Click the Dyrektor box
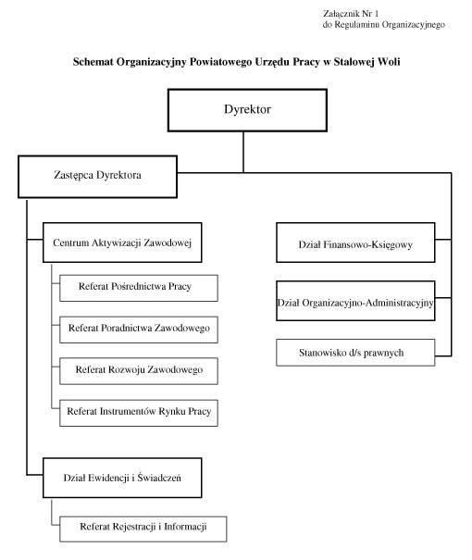[x=247, y=110]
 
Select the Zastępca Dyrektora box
[x=97, y=177]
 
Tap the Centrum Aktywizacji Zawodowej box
[x=122, y=243]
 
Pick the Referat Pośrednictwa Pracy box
[x=139, y=288]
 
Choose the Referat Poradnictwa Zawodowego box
[x=139, y=330]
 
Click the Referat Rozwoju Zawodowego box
[x=139, y=371]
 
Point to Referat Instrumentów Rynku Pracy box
[x=139, y=413]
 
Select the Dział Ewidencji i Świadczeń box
[x=122, y=478]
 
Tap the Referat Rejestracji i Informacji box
[x=143, y=529]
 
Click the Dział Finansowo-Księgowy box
[x=355, y=243]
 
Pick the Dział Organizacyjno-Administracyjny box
[x=355, y=301]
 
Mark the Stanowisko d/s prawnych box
[x=355, y=353]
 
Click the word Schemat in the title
[x=93, y=62]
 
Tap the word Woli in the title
[x=389, y=62]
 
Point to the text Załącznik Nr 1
[x=351, y=14]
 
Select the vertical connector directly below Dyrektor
[x=243, y=152]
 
